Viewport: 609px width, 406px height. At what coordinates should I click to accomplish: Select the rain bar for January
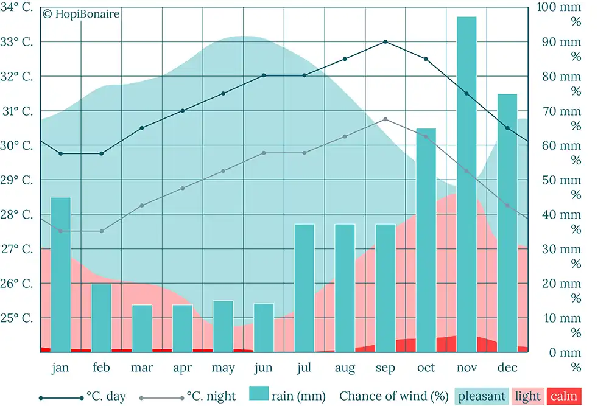point(61,275)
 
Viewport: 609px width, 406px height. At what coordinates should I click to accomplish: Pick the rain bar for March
point(142,329)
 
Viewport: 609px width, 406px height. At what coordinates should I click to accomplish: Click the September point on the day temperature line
point(385,42)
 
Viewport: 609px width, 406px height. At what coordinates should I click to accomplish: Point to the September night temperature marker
point(385,119)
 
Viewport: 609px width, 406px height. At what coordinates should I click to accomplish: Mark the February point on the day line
point(102,153)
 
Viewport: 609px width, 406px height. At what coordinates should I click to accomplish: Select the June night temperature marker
point(264,153)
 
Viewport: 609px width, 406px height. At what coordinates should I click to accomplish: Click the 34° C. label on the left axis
point(18,7)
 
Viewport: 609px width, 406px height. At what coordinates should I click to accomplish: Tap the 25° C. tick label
point(18,318)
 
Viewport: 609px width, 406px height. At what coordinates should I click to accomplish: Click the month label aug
point(345,368)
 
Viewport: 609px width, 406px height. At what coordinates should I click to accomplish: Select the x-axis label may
point(223,368)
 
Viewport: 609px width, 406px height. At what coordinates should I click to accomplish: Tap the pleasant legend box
point(482,396)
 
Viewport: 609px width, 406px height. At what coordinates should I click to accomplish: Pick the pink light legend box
point(527,396)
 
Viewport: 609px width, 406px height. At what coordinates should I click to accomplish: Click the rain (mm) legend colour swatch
point(259,394)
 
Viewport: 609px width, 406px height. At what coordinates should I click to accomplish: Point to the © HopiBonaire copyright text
point(81,14)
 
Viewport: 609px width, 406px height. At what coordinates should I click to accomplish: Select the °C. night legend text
point(211,396)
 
